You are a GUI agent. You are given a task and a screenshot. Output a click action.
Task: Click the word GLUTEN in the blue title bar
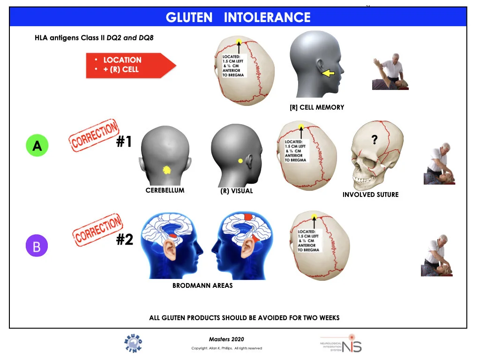(x=189, y=17)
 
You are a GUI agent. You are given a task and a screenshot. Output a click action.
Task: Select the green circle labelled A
(x=37, y=146)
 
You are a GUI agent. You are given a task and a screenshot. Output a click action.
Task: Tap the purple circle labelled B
(x=37, y=246)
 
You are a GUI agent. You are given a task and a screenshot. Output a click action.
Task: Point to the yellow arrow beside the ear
(x=328, y=73)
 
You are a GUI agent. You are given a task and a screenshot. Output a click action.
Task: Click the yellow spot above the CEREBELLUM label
(x=166, y=170)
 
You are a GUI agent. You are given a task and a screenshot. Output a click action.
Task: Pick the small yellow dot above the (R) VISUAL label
(x=240, y=161)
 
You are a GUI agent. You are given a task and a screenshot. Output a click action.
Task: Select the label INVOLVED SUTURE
(x=370, y=195)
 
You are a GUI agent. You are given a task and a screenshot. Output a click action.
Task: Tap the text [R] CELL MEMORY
(x=317, y=107)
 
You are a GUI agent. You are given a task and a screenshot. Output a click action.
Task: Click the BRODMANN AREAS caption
(x=202, y=285)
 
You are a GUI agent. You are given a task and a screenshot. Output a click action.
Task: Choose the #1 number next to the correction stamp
(x=124, y=142)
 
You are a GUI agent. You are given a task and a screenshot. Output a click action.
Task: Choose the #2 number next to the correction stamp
(x=125, y=240)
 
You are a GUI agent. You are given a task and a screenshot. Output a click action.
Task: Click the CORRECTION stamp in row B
(x=97, y=230)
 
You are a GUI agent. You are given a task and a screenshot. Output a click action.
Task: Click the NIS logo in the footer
(x=341, y=344)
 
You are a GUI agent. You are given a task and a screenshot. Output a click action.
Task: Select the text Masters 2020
(x=226, y=339)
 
